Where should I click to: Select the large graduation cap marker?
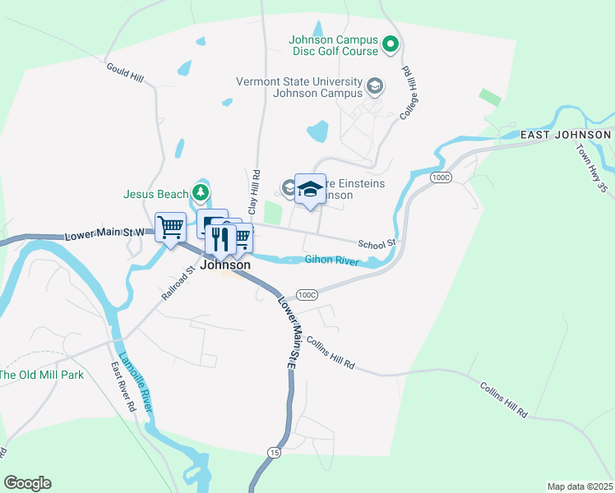[310, 190]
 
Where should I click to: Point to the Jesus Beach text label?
[156, 195]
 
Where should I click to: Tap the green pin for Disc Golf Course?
[391, 44]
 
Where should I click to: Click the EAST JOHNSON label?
[566, 134]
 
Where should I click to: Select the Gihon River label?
[331, 260]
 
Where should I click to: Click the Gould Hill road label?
[124, 71]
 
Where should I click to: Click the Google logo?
[27, 483]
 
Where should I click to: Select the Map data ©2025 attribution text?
[580, 486]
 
